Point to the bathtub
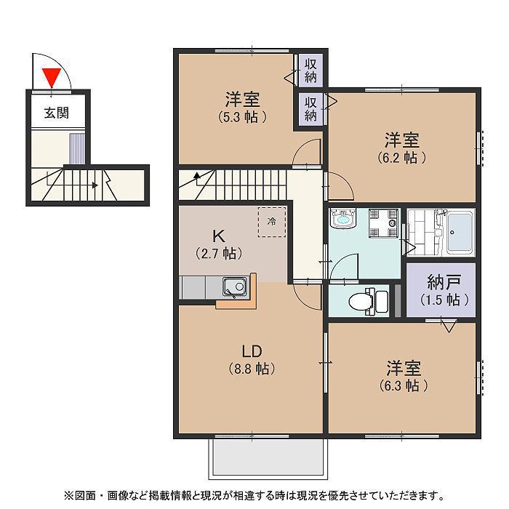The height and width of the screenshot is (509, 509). pos(459,232)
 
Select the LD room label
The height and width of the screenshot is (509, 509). pos(241,350)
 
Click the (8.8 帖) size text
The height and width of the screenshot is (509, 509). pos(241,369)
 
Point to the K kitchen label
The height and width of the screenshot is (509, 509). pos(217,235)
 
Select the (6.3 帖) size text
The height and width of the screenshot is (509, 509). pos(402,385)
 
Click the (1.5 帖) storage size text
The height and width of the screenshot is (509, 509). pos(441,300)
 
